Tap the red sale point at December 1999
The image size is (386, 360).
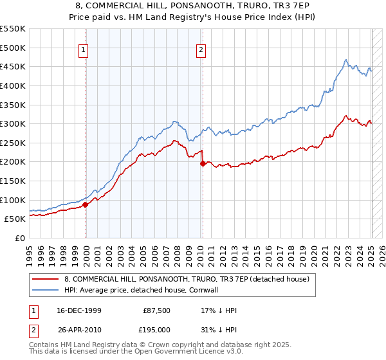pyautogui.click(x=86, y=204)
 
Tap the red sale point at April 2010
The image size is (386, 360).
pyautogui.click(x=203, y=163)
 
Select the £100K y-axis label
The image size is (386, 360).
pyautogui.click(x=14, y=200)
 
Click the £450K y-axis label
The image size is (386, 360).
pyautogui.click(x=14, y=66)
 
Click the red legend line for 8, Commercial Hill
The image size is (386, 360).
pyautogui.click(x=46, y=280)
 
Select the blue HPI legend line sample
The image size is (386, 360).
pyautogui.click(x=46, y=290)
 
